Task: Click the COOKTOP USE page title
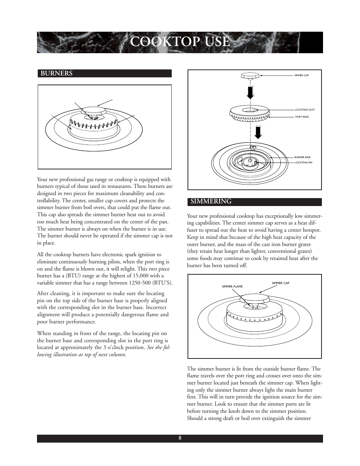180,42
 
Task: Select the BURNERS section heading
57,74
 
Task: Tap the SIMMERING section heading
211,202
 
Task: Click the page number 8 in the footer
180,438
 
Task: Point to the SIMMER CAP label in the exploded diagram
301,75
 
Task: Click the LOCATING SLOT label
305,110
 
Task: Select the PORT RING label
302,117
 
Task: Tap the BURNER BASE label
302,157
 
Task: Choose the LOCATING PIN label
303,163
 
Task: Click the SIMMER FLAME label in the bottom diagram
232,287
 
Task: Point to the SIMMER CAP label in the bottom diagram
280,283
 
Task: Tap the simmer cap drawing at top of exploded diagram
250,75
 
